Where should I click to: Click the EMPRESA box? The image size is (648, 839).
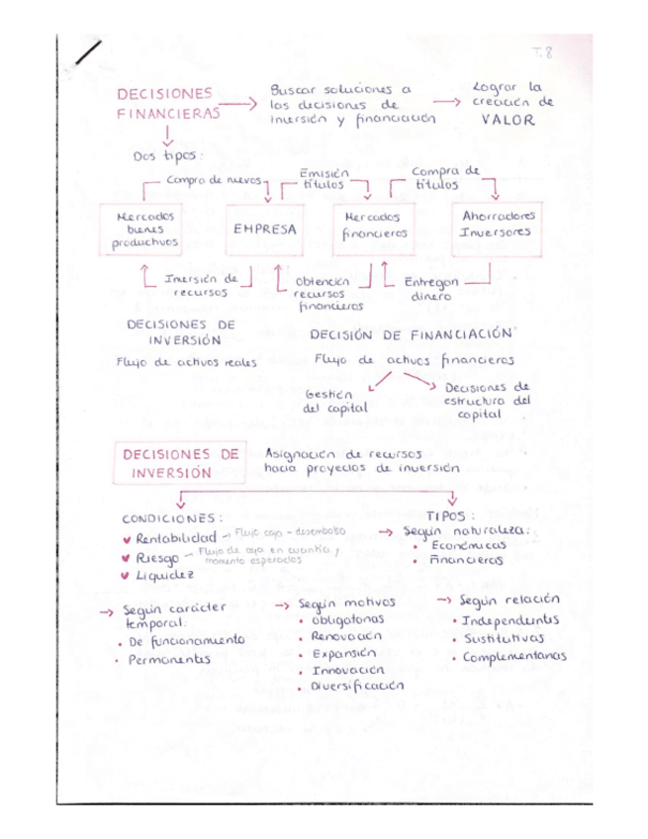[264, 230]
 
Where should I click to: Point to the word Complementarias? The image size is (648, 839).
[512, 656]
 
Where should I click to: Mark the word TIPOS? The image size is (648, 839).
[450, 515]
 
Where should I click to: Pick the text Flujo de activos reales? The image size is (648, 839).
[187, 362]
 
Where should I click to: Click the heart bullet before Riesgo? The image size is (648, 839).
[125, 557]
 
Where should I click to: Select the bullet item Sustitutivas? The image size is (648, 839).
[504, 638]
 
